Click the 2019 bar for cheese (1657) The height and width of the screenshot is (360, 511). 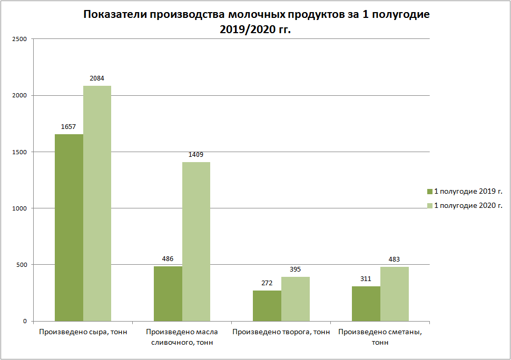69,227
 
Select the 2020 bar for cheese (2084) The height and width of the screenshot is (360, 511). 97,203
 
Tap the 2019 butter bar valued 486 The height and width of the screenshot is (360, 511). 168,294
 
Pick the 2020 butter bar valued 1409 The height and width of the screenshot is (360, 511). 196,242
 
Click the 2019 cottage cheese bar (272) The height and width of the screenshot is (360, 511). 267,306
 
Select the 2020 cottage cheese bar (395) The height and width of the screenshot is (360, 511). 296,299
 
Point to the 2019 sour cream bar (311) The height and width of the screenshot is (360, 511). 366,304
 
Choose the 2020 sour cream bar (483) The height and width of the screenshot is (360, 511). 395,294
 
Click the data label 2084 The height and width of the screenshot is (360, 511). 97,78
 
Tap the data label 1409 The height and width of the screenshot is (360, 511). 196,155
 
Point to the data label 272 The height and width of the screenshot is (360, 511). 267,283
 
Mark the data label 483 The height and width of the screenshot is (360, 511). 394,259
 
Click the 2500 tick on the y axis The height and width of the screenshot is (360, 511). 20,39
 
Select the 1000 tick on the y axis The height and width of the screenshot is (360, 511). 20,208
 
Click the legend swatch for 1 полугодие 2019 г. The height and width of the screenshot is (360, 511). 429,191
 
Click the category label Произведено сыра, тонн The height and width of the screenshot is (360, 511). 83,332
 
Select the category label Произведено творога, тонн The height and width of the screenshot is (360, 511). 281,332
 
